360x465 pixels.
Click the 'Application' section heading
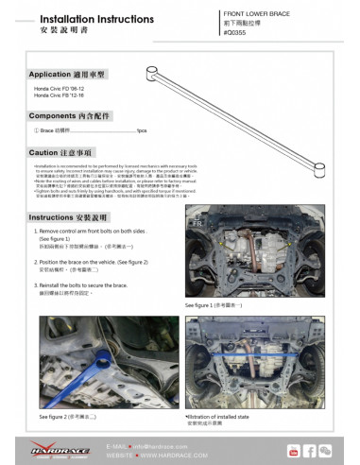click(x=68, y=73)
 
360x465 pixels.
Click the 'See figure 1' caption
click(x=214, y=306)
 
